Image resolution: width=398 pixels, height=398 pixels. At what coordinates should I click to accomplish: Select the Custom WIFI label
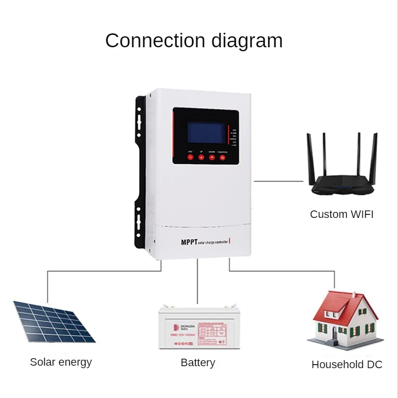click(341, 214)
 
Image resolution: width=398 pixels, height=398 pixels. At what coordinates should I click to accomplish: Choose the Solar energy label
click(61, 362)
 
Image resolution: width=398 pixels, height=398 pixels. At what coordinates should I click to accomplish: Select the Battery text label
click(198, 363)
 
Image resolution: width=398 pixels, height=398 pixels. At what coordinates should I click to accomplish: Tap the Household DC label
click(347, 365)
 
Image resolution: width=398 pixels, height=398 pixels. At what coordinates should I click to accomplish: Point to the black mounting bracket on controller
click(141, 169)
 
